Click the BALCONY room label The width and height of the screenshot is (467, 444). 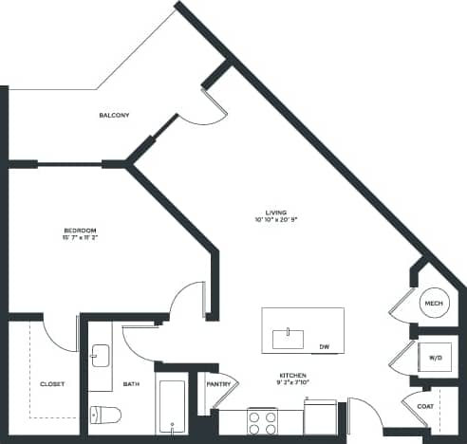[114, 116]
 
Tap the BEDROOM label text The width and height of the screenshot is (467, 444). [80, 231]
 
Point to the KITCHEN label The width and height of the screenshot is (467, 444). [292, 376]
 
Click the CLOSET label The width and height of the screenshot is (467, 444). [52, 384]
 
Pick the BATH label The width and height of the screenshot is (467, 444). [131, 384]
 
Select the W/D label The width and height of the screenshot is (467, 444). [436, 358]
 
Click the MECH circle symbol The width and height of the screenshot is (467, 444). [434, 304]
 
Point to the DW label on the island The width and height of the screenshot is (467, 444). [325, 346]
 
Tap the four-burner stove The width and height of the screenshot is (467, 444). [262, 421]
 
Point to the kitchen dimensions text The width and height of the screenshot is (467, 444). [292, 384]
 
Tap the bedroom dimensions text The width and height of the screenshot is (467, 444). [80, 239]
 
